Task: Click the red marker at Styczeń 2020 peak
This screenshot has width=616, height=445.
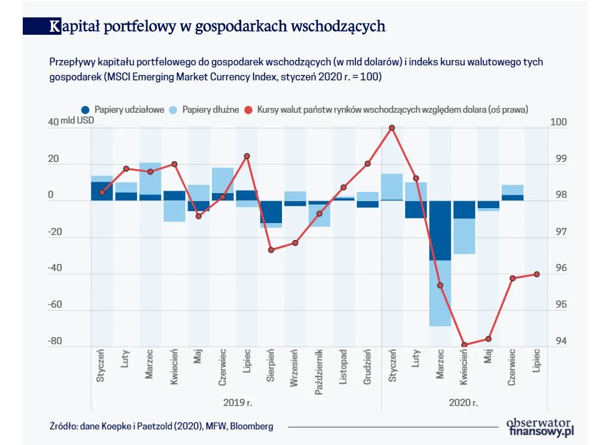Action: (x=392, y=128)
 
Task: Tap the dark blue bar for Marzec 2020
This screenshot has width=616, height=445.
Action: (x=440, y=230)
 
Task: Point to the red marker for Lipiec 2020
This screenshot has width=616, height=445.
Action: (x=536, y=274)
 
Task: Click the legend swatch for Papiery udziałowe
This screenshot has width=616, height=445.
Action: (x=86, y=110)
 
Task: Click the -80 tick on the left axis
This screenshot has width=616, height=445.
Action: (x=55, y=341)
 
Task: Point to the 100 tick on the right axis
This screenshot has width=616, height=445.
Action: (x=558, y=122)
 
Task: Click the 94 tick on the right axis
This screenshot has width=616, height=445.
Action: (x=558, y=341)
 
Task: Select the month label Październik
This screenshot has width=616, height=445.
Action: (x=320, y=371)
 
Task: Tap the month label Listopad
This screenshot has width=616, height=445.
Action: (x=344, y=368)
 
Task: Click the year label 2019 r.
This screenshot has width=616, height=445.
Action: (x=237, y=402)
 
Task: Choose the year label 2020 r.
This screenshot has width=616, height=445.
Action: (x=463, y=402)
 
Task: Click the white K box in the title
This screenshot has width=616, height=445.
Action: (x=55, y=26)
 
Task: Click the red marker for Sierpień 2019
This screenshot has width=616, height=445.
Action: (x=271, y=249)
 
